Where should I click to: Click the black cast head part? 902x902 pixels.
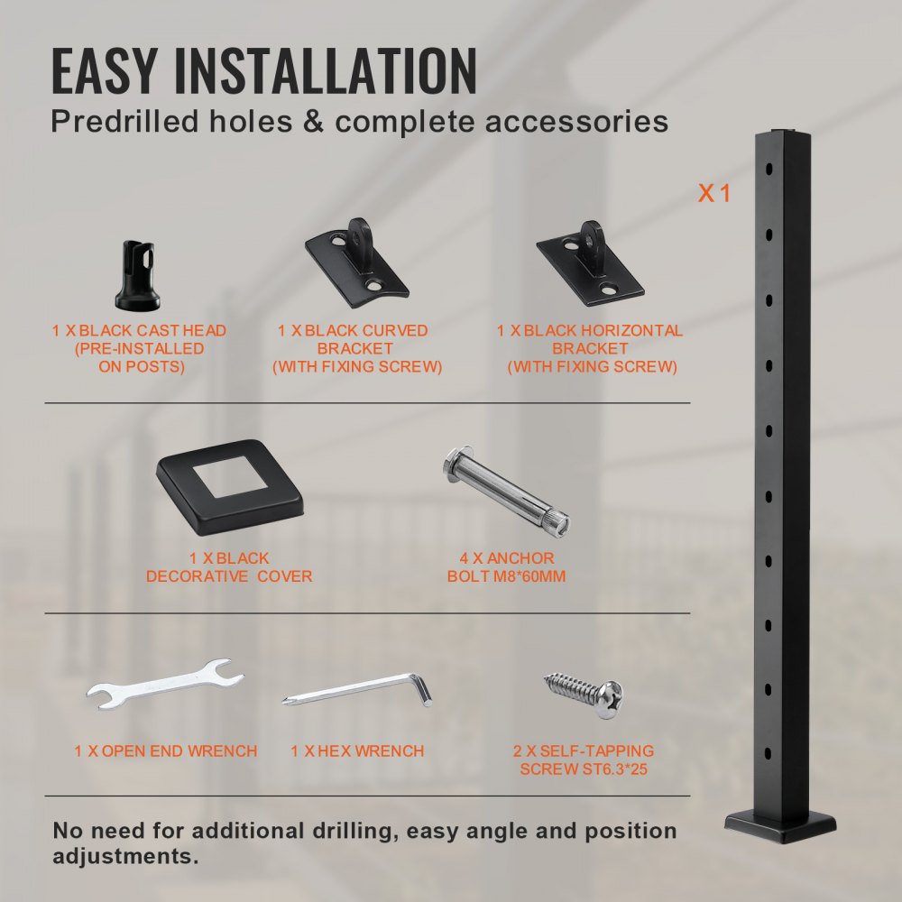pyautogui.click(x=137, y=275)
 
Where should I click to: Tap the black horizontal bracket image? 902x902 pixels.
pyautogui.click(x=590, y=262)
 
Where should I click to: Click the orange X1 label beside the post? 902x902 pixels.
pyautogui.click(x=714, y=192)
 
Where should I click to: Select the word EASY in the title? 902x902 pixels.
pyautogui.click(x=103, y=71)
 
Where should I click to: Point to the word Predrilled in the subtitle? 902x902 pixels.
pyautogui.click(x=121, y=122)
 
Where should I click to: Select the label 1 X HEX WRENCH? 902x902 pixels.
pyautogui.click(x=357, y=750)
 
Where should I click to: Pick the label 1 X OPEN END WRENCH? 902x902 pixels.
pyautogui.click(x=166, y=750)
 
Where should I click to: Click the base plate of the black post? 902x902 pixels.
pyautogui.click(x=781, y=825)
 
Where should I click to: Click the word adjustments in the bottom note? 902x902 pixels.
pyautogui.click(x=125, y=855)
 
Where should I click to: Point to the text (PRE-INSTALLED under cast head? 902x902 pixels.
pyautogui.click(x=140, y=349)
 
